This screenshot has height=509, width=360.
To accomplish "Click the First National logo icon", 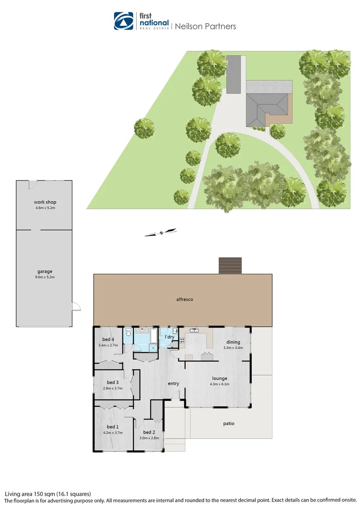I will [123, 21].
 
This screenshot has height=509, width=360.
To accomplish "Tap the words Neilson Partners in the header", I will [205, 26].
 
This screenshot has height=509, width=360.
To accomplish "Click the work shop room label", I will [45, 202].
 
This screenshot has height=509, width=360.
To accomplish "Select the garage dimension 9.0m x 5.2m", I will [45, 277].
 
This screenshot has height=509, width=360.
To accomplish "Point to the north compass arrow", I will [161, 232].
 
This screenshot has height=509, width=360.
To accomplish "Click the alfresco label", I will [185, 299].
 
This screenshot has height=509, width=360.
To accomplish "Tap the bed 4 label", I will [108, 339].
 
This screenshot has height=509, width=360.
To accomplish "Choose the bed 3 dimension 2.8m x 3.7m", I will [112, 388].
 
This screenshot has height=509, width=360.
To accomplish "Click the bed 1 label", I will [112, 427].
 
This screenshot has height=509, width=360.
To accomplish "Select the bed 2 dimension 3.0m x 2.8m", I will [149, 438].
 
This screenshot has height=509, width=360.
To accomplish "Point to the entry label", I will [173, 384].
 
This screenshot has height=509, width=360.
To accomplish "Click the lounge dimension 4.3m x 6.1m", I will [220, 384].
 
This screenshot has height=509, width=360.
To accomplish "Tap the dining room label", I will [233, 342].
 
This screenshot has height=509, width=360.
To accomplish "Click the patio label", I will [229, 424].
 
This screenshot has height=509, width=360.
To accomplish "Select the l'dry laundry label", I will [169, 337].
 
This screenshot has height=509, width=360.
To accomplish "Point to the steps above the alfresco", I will [230, 265].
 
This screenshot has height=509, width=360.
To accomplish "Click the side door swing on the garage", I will [76, 306].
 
